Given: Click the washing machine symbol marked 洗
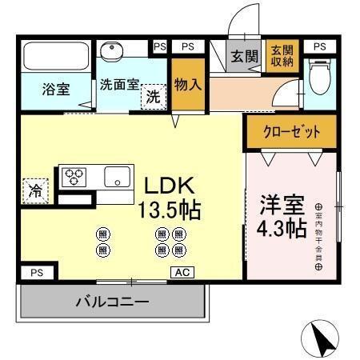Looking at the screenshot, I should click(152, 98).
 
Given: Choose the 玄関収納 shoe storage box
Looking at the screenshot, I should click(280, 56).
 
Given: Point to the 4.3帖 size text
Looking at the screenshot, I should click(281, 229).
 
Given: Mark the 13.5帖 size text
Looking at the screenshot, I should click(169, 211).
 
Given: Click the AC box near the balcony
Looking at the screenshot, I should click(181, 273).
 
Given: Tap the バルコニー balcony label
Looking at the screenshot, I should click(112, 303).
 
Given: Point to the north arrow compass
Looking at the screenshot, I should click(324, 338).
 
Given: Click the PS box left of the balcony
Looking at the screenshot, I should click(36, 273).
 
